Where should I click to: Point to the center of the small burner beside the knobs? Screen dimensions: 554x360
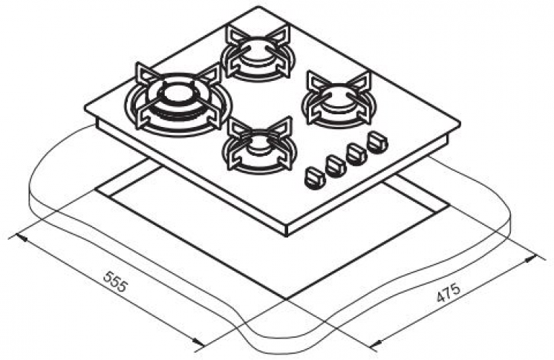coord(258,143)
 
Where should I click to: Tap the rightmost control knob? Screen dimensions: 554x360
coord(377,140)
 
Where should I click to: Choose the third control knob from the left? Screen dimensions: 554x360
coord(356,153)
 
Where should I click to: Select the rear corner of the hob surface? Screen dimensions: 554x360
coord(259,8)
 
